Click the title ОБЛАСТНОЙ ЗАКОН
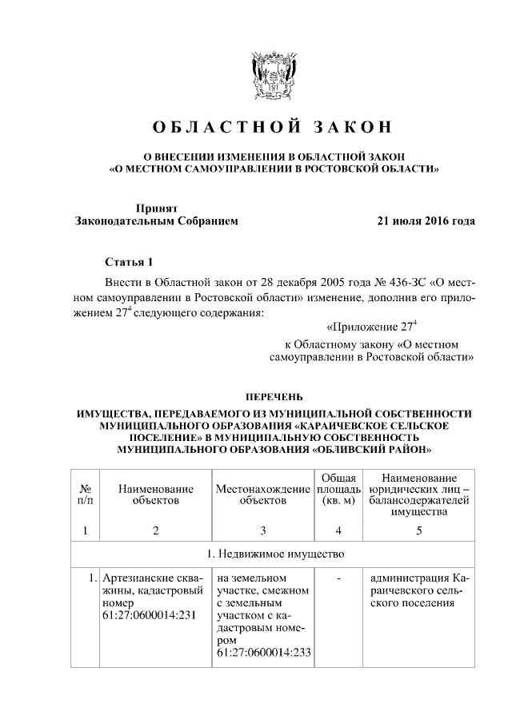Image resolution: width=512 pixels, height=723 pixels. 272,128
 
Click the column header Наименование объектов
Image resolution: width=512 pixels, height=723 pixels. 155,494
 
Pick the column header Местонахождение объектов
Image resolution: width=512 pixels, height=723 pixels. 262,494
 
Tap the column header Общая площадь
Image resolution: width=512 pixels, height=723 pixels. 338,488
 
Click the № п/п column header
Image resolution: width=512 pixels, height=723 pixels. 85,494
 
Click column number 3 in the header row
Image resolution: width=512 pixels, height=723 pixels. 262,530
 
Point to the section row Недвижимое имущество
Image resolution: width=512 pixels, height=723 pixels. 274,554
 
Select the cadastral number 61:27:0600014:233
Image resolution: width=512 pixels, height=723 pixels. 263,653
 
